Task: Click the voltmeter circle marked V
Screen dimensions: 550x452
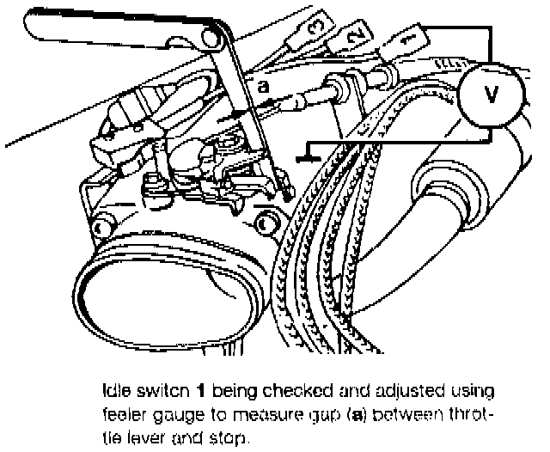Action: point(490,96)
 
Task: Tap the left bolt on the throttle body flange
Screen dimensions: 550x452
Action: point(101,227)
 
